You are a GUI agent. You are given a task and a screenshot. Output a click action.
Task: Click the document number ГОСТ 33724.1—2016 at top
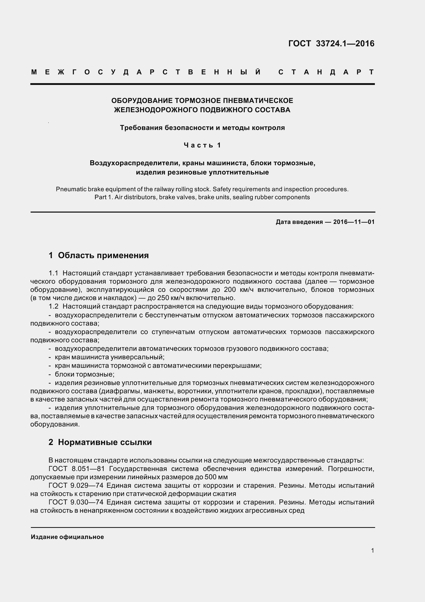coord(331,43)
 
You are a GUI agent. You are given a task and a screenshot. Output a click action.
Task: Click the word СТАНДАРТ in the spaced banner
coord(326,72)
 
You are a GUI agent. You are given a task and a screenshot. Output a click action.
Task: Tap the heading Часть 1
coord(202,145)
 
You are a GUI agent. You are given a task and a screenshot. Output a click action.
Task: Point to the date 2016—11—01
coord(354,222)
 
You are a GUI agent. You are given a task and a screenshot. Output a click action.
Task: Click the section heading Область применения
coord(103,255)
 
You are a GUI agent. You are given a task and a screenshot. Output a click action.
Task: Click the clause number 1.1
coord(53,273)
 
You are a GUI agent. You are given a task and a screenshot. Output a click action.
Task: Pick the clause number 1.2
coord(53,307)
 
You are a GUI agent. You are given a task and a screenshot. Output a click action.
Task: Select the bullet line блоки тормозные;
coord(85,374)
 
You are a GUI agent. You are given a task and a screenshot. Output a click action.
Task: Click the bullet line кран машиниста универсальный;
coord(110,357)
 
